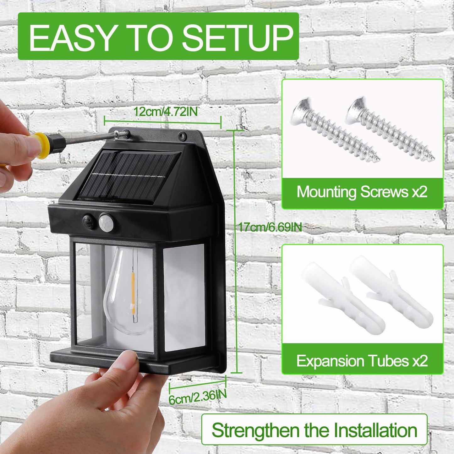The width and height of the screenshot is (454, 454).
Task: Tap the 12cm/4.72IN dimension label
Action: tap(166, 112)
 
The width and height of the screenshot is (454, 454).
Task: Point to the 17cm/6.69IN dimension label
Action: tap(270, 227)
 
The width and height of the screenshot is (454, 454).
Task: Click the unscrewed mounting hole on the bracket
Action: tap(182, 137)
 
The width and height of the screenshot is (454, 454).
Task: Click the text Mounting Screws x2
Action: tap(362, 192)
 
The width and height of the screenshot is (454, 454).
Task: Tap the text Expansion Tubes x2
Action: tap(362, 361)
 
